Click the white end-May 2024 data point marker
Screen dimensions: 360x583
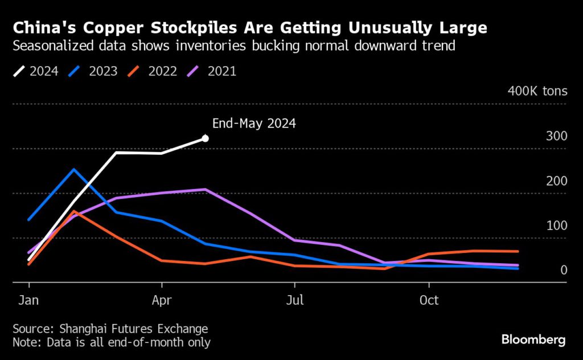[x=205, y=138]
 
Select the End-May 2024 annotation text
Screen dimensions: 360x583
[x=253, y=123]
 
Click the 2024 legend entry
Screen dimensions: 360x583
[x=36, y=71]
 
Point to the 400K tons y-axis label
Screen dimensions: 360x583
[x=537, y=91]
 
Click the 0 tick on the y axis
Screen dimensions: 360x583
[x=563, y=269]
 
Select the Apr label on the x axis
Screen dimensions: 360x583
[x=162, y=300]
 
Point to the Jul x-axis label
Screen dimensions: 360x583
[x=294, y=300]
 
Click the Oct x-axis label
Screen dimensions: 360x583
[x=428, y=300]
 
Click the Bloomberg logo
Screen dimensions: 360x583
[x=533, y=340]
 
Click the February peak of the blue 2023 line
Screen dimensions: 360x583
[x=73, y=169]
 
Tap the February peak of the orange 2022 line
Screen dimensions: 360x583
[x=74, y=211]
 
